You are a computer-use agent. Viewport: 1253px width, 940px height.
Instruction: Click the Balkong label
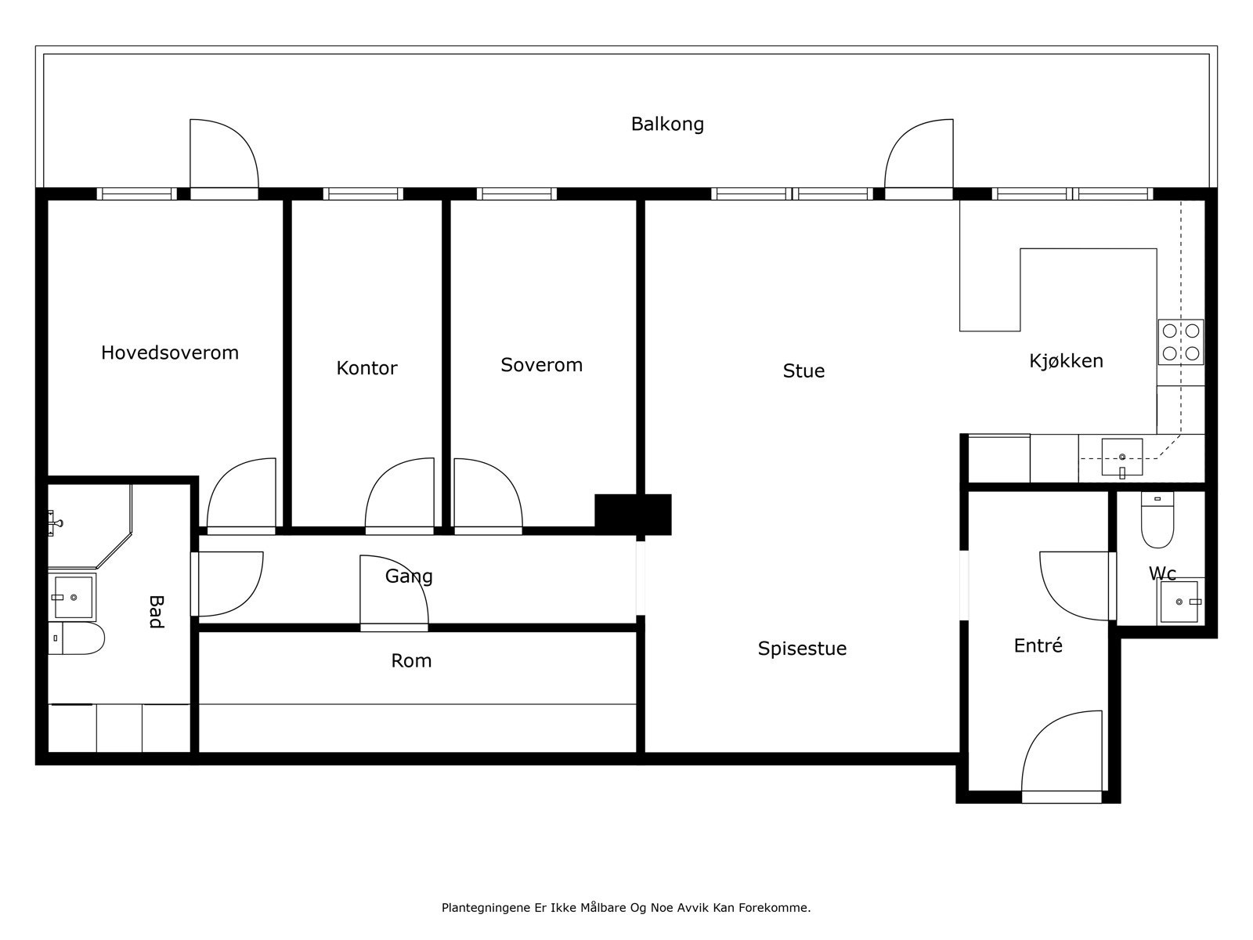point(666,124)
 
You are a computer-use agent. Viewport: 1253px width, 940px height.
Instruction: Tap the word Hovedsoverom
point(169,352)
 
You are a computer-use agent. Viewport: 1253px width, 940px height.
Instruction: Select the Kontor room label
point(367,368)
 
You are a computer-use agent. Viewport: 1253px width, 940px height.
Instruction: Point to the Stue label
point(803,371)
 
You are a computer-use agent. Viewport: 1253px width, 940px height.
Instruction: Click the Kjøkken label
point(1066,360)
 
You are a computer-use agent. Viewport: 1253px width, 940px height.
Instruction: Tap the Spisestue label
point(802,649)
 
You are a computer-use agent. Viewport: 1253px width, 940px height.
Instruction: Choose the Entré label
point(1038,645)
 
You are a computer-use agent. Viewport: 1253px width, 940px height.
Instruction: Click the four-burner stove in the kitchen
point(1180,342)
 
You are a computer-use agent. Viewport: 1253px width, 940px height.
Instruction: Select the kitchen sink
point(1121,457)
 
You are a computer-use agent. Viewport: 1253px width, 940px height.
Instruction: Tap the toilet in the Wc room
point(1157,519)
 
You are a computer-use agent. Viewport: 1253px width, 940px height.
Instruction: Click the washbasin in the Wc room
point(1179,602)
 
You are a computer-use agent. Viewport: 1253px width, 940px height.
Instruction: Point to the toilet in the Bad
point(76,638)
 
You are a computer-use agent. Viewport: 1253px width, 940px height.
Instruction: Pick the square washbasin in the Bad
point(72,598)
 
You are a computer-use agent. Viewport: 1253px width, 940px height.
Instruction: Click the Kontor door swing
point(399,496)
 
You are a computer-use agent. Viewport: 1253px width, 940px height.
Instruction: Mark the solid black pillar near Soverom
point(633,514)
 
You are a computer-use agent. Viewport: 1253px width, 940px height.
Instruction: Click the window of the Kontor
point(363,194)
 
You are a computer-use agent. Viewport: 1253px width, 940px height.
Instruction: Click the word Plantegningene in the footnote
point(486,908)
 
